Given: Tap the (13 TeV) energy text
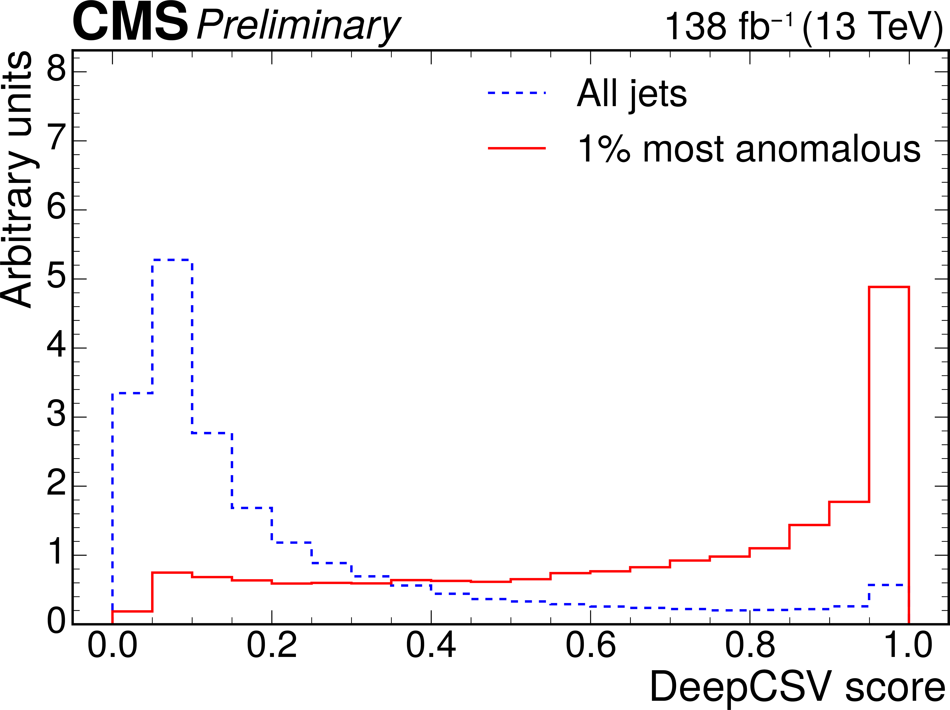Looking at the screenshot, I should pos(872,27).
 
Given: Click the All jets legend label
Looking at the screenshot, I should pos(631,94).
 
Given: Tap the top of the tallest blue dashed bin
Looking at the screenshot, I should pos(172,260).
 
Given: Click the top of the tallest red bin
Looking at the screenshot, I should pos(889,287).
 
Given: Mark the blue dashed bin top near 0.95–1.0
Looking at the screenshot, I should pos(889,585).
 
